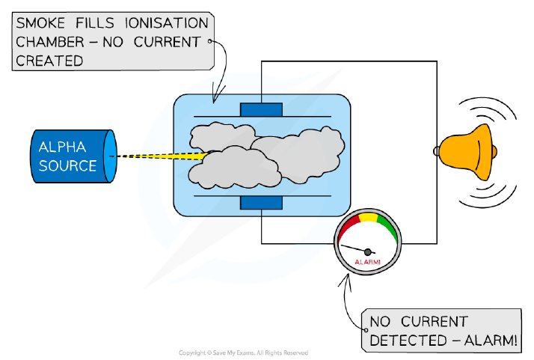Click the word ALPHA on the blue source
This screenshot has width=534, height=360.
[x=62, y=147]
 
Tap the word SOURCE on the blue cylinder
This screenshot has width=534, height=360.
[x=67, y=165]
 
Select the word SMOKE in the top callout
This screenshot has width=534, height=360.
[x=40, y=23]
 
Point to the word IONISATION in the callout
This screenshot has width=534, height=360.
[x=167, y=23]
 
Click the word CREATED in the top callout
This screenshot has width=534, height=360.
[x=49, y=61]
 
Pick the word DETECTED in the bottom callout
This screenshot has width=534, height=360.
[x=408, y=341]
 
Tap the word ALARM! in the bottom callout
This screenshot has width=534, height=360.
[x=491, y=341]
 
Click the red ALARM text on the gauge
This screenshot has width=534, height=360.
[x=367, y=262]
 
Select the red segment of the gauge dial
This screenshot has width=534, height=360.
[x=349, y=227]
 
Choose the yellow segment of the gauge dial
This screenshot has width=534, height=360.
[x=369, y=218]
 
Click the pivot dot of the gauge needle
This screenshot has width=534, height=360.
[x=368, y=252]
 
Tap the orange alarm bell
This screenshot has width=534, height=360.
[x=467, y=152]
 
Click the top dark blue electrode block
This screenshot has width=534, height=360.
[x=261, y=110]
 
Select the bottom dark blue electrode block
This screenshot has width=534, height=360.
[x=261, y=203]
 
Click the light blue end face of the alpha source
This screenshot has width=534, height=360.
[x=110, y=156]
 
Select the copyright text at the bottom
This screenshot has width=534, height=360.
[x=244, y=353]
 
